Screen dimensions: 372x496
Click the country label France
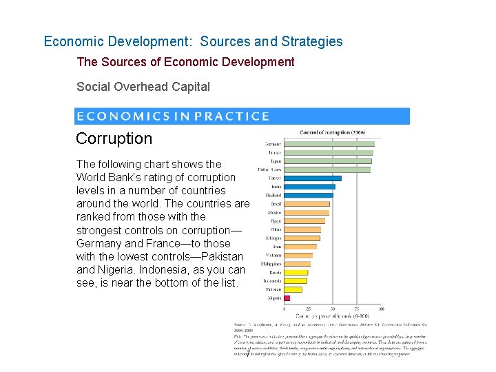point(274,152)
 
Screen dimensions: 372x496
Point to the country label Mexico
point(274,212)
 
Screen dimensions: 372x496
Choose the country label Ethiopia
point(273,238)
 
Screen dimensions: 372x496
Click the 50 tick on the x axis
point(333,309)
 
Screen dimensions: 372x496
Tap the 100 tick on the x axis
point(381,309)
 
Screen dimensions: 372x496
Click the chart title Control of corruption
point(333,132)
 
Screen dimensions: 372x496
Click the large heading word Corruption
point(114,138)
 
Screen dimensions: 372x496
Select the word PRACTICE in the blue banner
point(232,116)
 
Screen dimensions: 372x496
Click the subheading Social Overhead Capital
point(143,87)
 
